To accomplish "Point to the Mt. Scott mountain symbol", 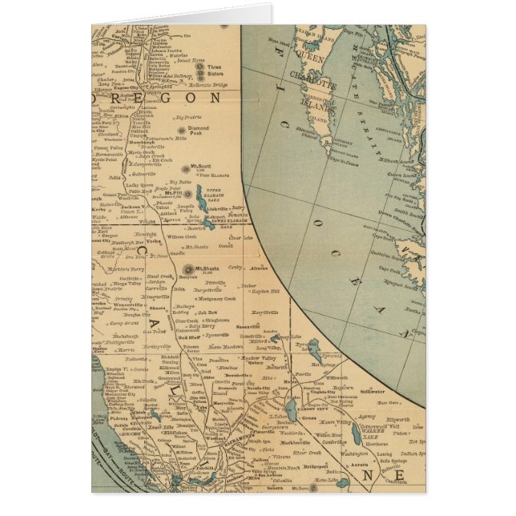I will pos(190,169).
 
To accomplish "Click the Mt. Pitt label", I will pos(172,193).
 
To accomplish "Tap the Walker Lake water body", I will pos(355,433).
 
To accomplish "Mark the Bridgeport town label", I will pos(316,466).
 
